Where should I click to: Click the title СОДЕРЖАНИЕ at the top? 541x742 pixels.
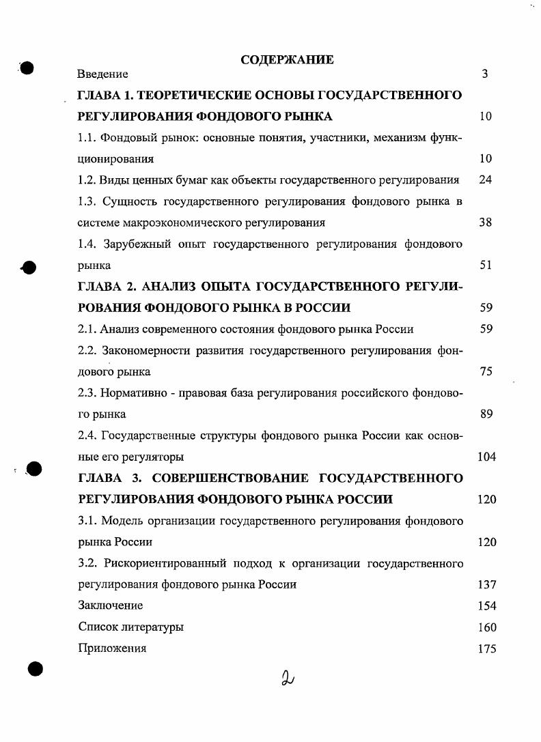point(287,60)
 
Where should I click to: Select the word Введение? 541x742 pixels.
point(102,74)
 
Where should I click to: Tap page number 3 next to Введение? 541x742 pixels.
point(484,74)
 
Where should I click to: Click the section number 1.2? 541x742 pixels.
point(87,180)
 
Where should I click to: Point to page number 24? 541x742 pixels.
point(486,180)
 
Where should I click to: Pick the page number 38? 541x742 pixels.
point(486,223)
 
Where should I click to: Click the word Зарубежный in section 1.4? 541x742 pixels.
point(129,244)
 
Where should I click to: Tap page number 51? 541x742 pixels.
point(486,266)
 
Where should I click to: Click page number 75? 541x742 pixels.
point(486,372)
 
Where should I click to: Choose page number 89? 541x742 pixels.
point(486,414)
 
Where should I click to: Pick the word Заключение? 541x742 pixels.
point(111,606)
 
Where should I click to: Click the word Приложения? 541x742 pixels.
point(112,648)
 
